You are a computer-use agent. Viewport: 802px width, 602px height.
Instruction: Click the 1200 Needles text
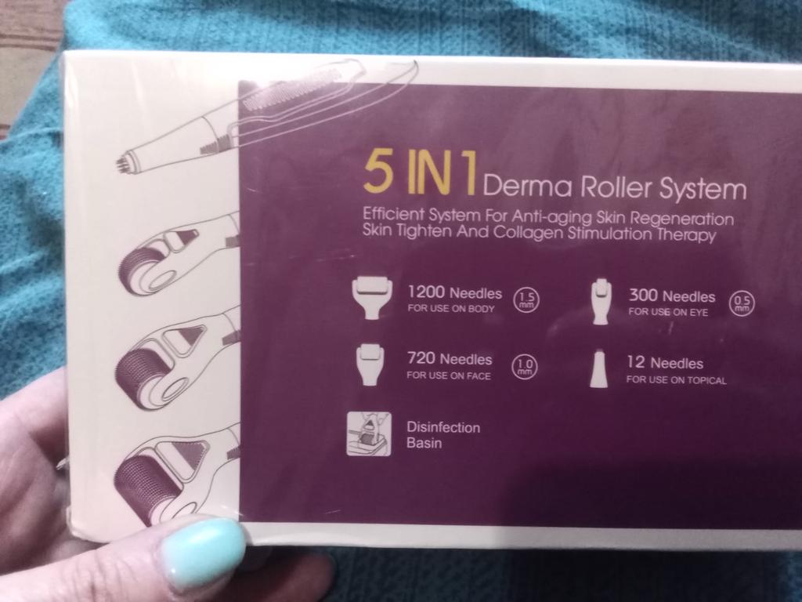coord(455,293)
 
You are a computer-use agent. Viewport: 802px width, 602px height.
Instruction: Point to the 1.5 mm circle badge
coord(526,300)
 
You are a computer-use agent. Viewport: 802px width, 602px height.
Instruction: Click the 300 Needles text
coord(671,296)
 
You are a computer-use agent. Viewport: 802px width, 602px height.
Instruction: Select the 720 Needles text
coord(449,359)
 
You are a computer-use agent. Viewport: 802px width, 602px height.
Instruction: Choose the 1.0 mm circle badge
coord(525,367)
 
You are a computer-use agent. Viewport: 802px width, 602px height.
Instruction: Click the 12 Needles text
coord(665,363)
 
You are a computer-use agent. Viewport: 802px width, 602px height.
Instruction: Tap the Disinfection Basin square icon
coord(369,433)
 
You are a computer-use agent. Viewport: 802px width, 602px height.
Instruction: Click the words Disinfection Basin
coord(443,434)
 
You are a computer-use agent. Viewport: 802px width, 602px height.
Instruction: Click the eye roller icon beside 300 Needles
coord(601,302)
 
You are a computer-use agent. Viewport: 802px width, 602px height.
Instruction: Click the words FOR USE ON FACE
coord(449,375)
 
